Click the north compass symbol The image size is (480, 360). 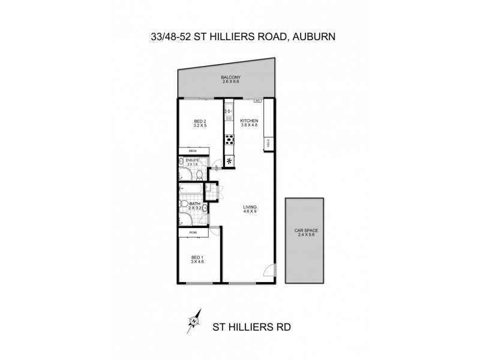(194, 322)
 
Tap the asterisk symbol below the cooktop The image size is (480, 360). (229, 160)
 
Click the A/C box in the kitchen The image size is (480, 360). (257, 101)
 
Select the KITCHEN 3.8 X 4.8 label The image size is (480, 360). (248, 124)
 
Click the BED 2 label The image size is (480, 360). (200, 124)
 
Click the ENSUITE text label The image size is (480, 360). (192, 161)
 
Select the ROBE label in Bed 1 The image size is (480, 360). (193, 232)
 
